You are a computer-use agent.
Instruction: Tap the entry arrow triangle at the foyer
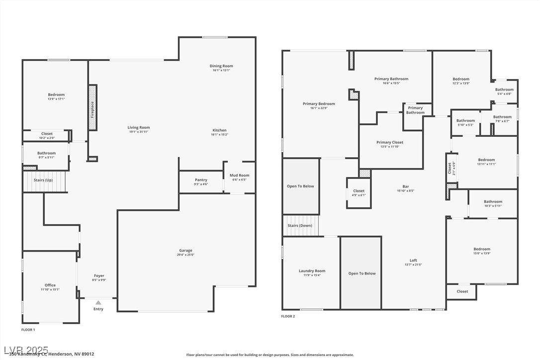tap(98, 302)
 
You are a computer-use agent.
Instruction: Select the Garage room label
tap(185, 251)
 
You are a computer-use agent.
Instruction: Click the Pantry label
tap(201, 180)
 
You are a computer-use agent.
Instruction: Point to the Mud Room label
tap(239, 176)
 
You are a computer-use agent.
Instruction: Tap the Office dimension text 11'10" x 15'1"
tap(50, 289)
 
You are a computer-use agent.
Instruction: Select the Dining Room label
tap(221, 66)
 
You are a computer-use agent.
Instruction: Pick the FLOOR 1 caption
tap(28, 330)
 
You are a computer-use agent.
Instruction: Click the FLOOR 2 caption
tap(288, 316)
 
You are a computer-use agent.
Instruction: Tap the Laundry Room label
tap(312, 271)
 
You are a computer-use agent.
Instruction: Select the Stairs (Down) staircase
tap(300, 226)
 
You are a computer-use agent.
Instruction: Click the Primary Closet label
tap(390, 143)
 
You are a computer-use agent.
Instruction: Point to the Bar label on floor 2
tap(406, 186)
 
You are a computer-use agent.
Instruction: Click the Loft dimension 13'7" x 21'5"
tap(413, 265)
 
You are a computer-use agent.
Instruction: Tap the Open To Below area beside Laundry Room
tap(361, 273)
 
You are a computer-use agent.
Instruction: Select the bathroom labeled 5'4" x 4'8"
tap(504, 91)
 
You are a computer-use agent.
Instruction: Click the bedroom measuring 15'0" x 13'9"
tap(481, 251)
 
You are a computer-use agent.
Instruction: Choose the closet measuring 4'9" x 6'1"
tap(359, 192)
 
